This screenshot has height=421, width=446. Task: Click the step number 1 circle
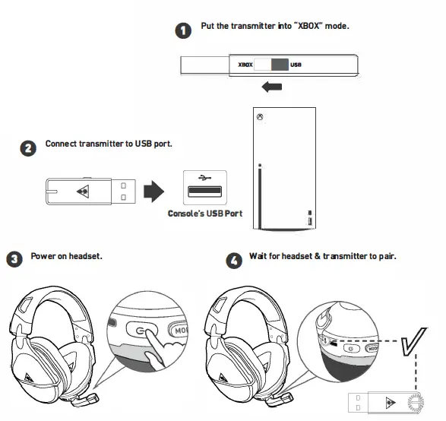pyautogui.click(x=183, y=30)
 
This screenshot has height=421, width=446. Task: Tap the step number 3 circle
pyautogui.click(x=14, y=260)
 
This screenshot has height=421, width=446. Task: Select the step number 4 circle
pyautogui.click(x=236, y=261)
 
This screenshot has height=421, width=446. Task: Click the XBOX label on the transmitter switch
pyautogui.click(x=245, y=66)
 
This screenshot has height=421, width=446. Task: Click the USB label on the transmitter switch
pyautogui.click(x=296, y=66)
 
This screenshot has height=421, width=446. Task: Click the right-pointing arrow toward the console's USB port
pyautogui.click(x=154, y=191)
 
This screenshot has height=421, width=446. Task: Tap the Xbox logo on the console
pyautogui.click(x=260, y=118)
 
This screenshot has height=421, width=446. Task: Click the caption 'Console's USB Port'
pyautogui.click(x=205, y=214)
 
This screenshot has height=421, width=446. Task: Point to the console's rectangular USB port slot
pyautogui.click(x=204, y=191)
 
